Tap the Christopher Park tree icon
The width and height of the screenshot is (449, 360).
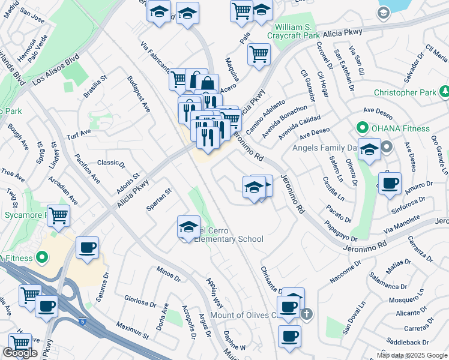click(x=444, y=92)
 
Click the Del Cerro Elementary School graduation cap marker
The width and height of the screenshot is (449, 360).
click(x=188, y=226)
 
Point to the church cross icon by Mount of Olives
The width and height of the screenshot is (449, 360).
click(x=306, y=314)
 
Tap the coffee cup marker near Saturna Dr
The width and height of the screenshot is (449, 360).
click(x=87, y=247)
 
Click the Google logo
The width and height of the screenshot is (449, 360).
click(x=20, y=353)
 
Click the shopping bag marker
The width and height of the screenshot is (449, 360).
click(x=206, y=83)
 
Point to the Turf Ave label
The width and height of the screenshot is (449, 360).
click(x=78, y=133)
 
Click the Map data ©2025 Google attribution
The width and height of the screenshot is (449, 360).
click(x=412, y=355)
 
